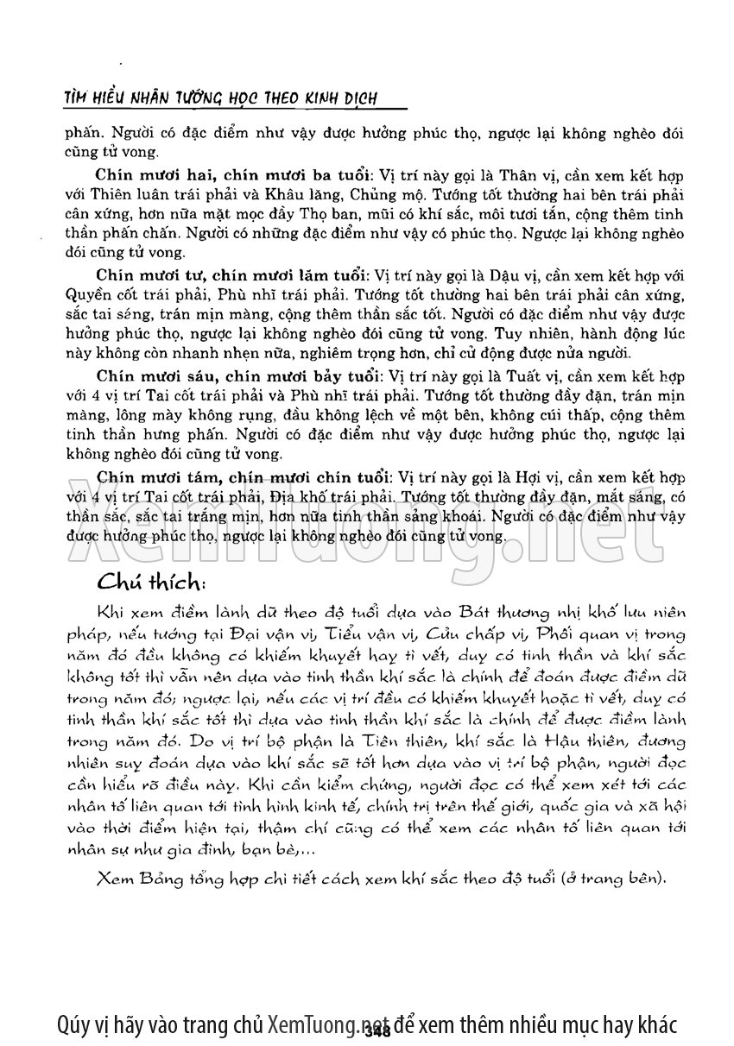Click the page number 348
tap(378, 1029)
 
